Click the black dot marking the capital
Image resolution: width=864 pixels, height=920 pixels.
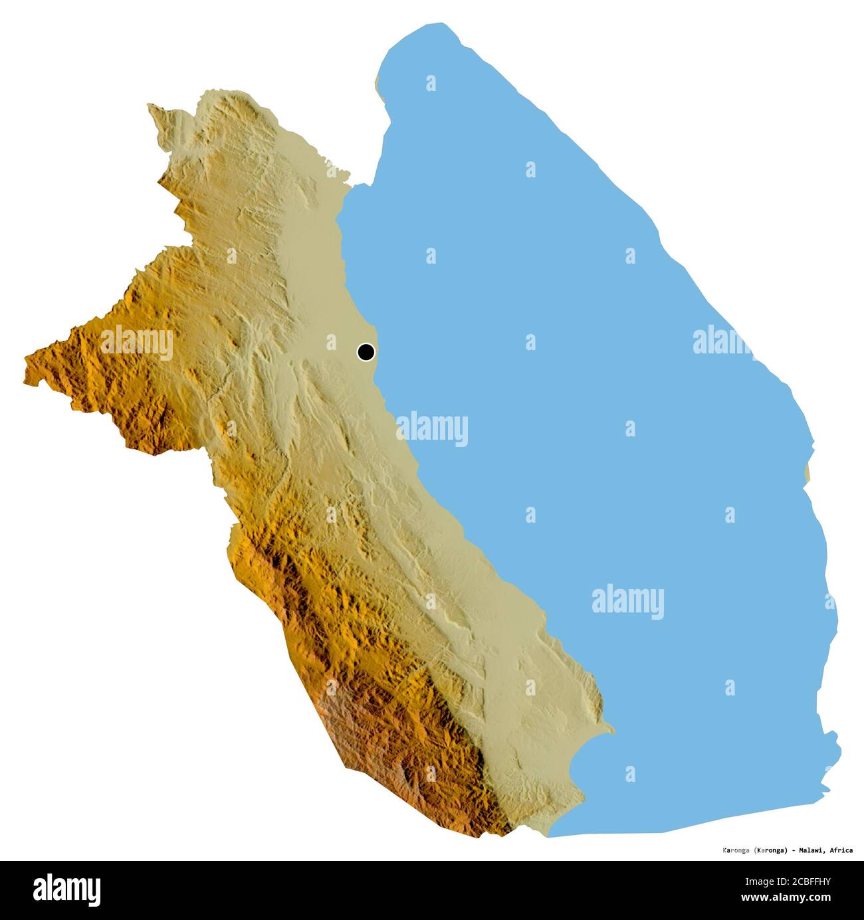click(x=366, y=352)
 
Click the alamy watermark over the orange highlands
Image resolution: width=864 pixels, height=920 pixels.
click(x=137, y=344)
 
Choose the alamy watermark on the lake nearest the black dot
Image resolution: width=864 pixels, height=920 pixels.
click(x=433, y=429)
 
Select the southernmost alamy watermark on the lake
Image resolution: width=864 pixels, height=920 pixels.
click(x=627, y=602)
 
